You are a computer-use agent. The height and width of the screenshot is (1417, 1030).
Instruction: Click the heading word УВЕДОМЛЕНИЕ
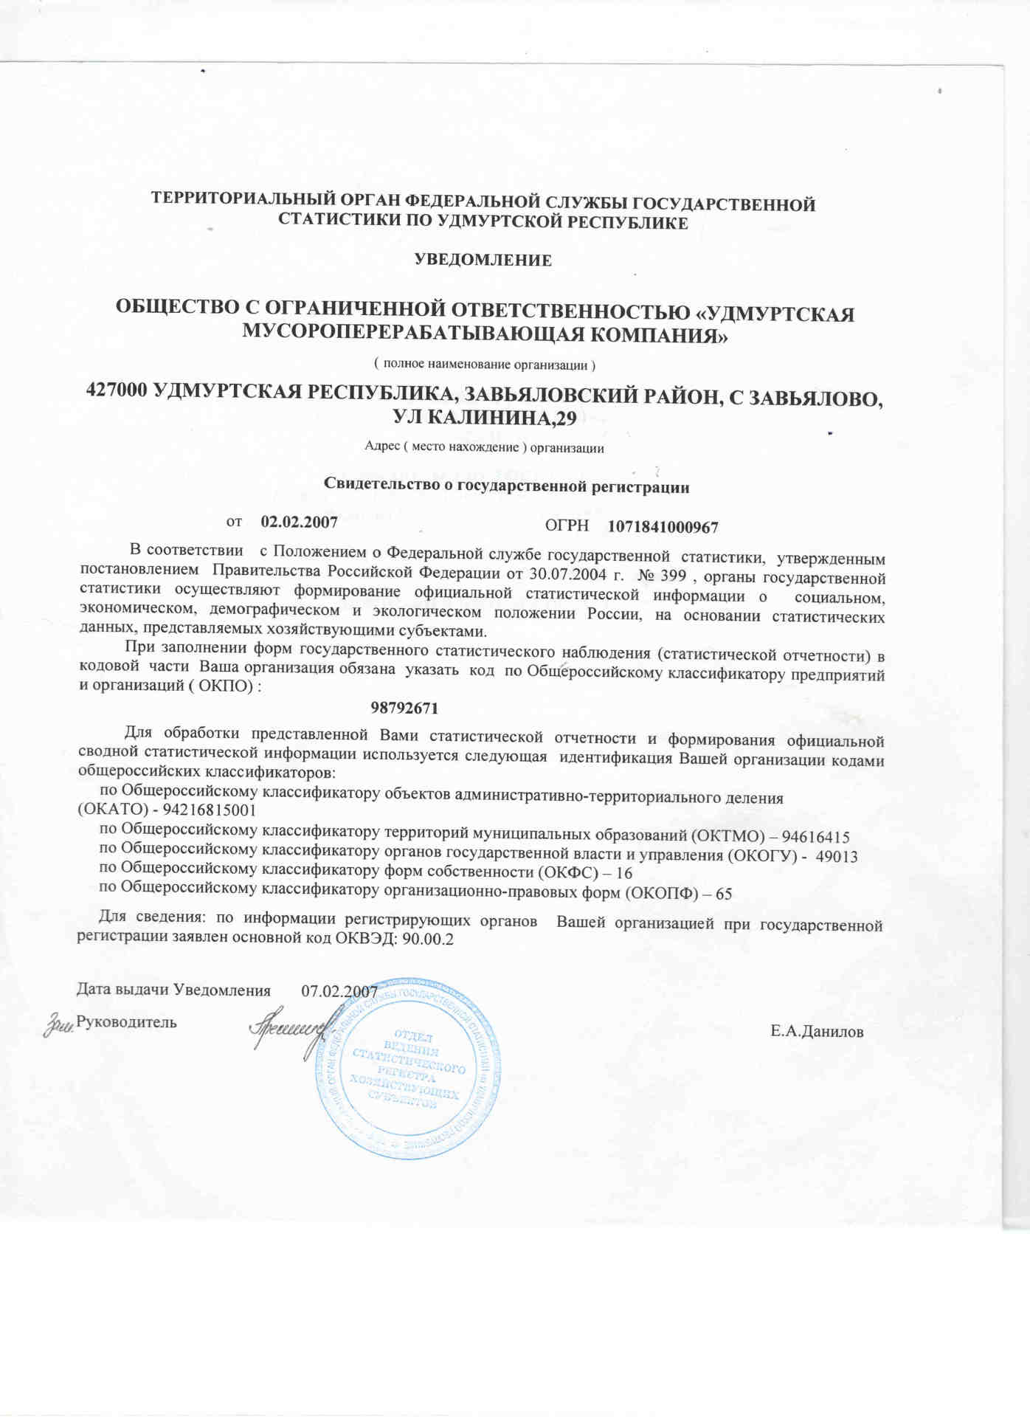tap(483, 260)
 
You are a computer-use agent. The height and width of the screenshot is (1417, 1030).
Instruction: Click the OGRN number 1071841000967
tap(663, 527)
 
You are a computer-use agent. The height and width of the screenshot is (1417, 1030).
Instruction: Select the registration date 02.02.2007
tap(300, 523)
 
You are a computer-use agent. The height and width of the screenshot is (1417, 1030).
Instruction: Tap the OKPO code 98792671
tap(404, 708)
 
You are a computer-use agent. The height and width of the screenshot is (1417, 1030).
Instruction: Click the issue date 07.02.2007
tap(339, 991)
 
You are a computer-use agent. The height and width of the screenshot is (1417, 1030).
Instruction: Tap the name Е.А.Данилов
tap(817, 1032)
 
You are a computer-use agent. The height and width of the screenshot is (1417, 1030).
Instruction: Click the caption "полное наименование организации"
tap(484, 365)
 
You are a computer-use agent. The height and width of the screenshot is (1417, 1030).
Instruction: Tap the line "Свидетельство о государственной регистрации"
tap(506, 487)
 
